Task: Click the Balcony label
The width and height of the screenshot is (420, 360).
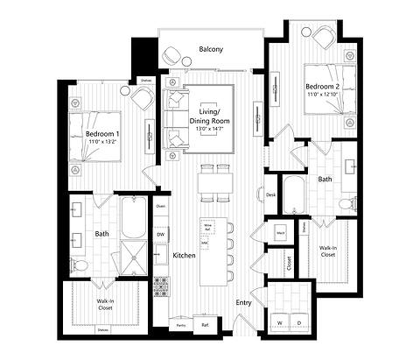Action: click(x=210, y=50)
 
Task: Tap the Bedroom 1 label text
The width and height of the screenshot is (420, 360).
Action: click(x=102, y=133)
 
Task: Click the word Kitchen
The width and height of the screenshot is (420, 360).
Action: click(x=184, y=255)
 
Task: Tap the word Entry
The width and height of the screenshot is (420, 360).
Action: click(x=244, y=303)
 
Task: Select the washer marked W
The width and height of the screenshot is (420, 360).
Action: click(x=281, y=323)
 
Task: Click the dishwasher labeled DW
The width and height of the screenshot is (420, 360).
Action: click(x=161, y=235)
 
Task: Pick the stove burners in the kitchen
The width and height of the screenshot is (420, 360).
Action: click(x=161, y=285)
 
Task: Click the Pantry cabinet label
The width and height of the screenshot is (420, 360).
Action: click(x=180, y=325)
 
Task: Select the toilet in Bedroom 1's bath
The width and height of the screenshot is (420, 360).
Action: click(x=79, y=264)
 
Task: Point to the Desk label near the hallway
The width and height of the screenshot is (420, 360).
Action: click(x=271, y=195)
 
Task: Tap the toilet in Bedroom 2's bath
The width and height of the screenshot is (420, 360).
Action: click(x=347, y=205)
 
